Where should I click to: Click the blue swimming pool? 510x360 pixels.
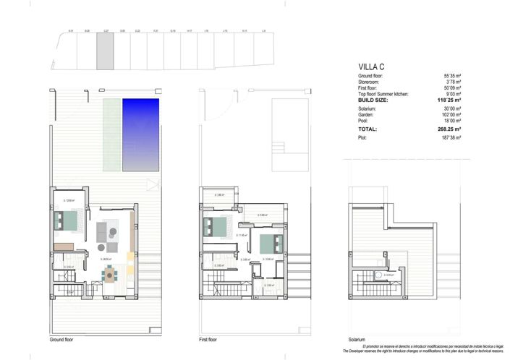pyautogui.click(x=141, y=135)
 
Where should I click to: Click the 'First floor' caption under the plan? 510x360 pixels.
pyautogui.click(x=208, y=340)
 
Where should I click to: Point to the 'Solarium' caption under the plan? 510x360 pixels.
pyautogui.click(x=356, y=340)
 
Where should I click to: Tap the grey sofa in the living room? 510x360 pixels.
pyautogui.click(x=102, y=231)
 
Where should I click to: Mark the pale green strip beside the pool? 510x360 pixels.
pyautogui.click(x=111, y=135)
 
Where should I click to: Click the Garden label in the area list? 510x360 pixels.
pyautogui.click(x=367, y=114)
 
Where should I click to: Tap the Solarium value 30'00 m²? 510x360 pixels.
pyautogui.click(x=453, y=108)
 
